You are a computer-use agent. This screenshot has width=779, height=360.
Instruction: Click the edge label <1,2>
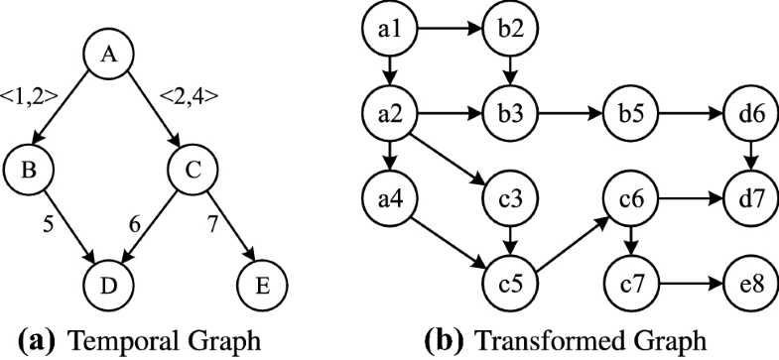tap(31, 97)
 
